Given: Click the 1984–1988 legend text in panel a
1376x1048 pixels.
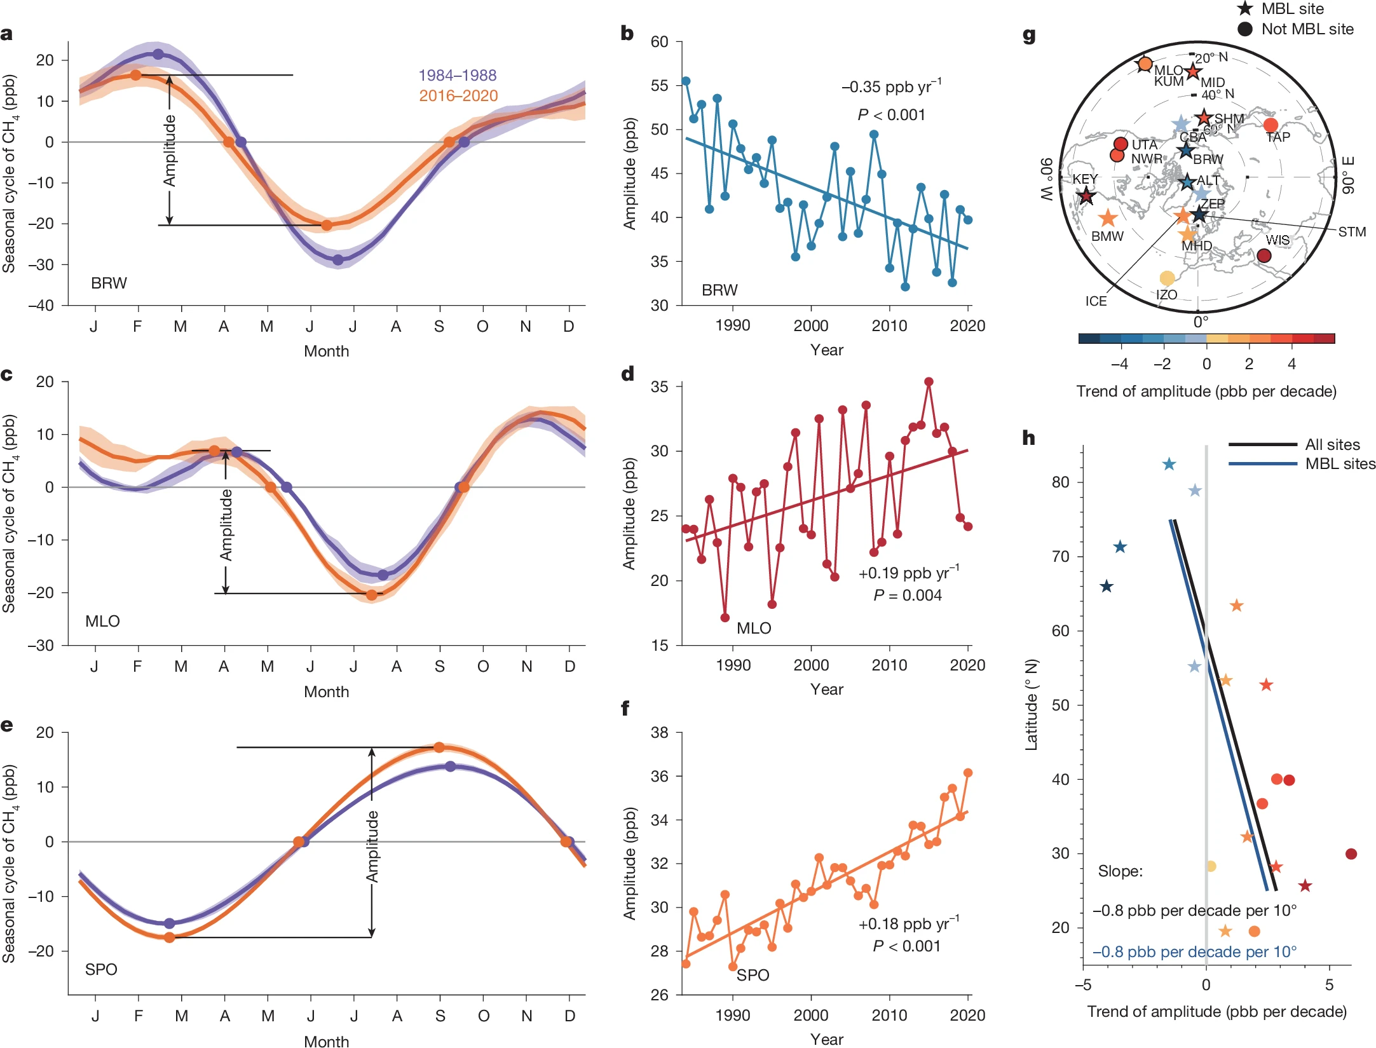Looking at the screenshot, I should pos(457,75).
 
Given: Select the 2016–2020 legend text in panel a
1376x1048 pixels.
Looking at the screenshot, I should pos(458,95).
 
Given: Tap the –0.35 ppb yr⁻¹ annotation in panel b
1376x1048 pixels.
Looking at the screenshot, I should pos(891,86).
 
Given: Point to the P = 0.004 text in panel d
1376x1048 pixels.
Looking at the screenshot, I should pos(907,595).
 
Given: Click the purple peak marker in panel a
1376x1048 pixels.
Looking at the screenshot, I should pos(158,54).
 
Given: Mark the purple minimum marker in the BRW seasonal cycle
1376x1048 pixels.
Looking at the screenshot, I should pos(338,260).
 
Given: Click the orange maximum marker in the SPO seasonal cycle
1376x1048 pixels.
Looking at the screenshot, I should pos(439,747).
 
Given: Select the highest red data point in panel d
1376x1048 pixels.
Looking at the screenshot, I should pos(929,382).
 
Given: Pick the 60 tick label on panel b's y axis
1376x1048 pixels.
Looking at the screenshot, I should pos(659,42).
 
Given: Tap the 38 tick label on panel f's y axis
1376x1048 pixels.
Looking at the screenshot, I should pos(659,732).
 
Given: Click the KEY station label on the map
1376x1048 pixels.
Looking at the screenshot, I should pos(1085,179).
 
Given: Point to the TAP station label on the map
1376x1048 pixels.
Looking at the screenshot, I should pos(1277,137).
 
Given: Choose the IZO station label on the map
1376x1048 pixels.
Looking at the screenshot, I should pos(1166,295).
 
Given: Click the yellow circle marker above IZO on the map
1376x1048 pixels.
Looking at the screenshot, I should pos(1166,278).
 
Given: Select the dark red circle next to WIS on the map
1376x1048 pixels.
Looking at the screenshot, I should pos(1264,255).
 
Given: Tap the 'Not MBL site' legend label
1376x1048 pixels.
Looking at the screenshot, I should pos(1307,29).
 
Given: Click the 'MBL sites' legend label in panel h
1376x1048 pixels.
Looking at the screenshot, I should pos(1340,464).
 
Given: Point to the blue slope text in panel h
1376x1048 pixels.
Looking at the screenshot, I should pos(1194,951).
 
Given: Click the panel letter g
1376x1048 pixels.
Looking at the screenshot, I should pos(1029,36).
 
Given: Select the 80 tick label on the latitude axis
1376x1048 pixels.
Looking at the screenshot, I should pos(1060,482).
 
